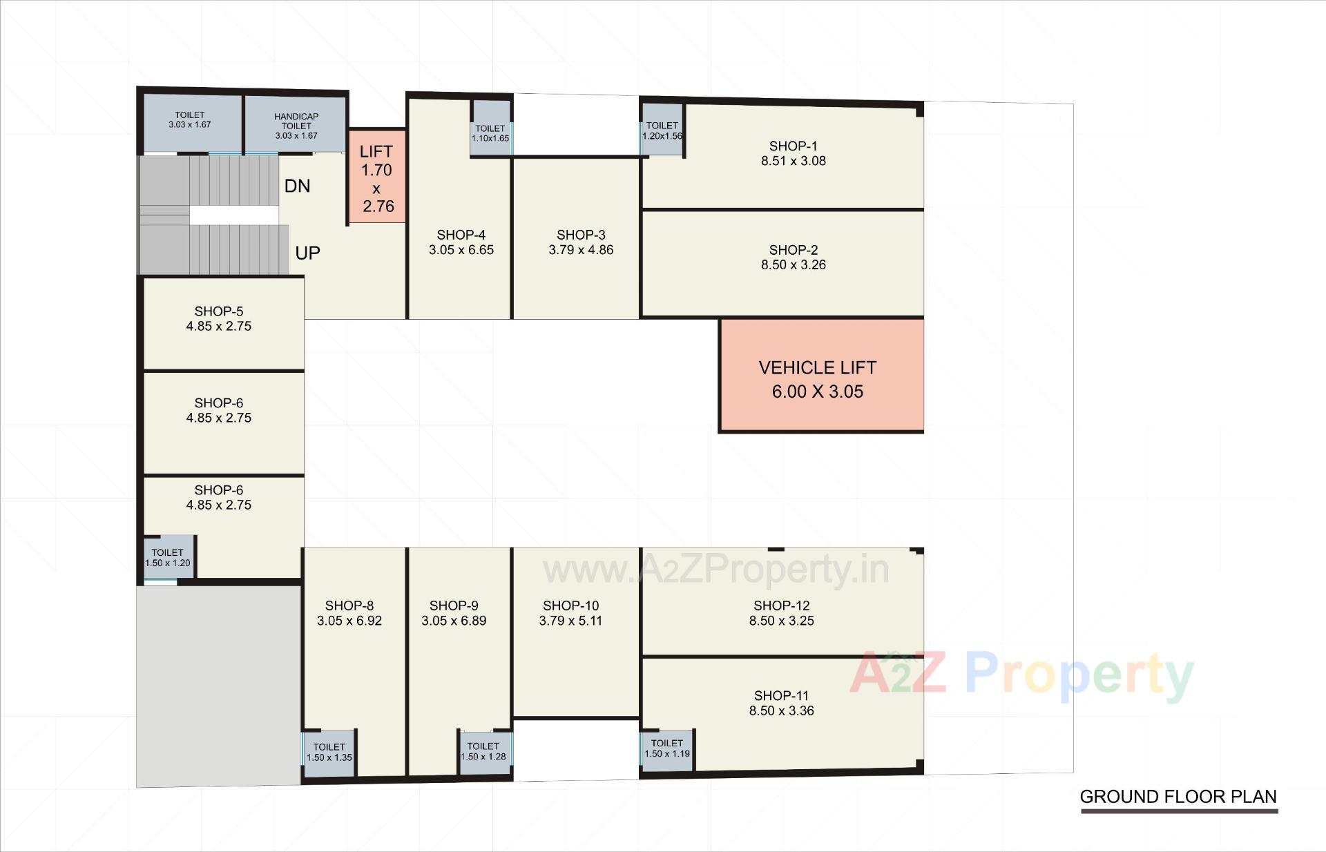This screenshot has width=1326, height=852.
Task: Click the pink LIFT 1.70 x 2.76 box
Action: pyautogui.click(x=376, y=177)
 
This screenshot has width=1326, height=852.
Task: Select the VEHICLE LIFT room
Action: pyautogui.click(x=820, y=376)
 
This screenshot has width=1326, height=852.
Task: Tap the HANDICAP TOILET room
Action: pyautogui.click(x=296, y=126)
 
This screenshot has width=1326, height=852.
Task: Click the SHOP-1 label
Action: pyautogui.click(x=793, y=146)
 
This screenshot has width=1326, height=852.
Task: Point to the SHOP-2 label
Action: pyautogui.click(x=793, y=250)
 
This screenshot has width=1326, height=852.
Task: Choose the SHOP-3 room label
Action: pyautogui.click(x=580, y=235)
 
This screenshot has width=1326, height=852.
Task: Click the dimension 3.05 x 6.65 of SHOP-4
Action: pyautogui.click(x=461, y=251)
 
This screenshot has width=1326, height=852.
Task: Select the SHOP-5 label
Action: pyautogui.click(x=218, y=311)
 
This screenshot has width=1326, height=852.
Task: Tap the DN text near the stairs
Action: pyautogui.click(x=297, y=186)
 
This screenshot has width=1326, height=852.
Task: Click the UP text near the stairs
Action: pyautogui.click(x=307, y=253)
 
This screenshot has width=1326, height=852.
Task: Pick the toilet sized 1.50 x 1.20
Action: pyautogui.click(x=168, y=557)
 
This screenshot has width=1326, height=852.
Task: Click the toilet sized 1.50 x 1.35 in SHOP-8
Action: pyautogui.click(x=329, y=752)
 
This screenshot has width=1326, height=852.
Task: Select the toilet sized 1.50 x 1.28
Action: pyautogui.click(x=483, y=751)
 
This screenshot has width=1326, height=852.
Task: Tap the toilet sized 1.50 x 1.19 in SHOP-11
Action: pyautogui.click(x=666, y=748)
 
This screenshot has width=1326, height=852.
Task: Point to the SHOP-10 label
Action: pyautogui.click(x=570, y=606)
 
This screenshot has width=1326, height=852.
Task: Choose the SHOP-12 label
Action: pyautogui.click(x=781, y=606)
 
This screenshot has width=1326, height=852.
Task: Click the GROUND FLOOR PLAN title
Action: pyautogui.click(x=1178, y=797)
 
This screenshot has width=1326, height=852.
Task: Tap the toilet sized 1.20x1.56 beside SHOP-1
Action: pyautogui.click(x=662, y=130)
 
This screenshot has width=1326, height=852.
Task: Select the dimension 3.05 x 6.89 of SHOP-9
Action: pyautogui.click(x=454, y=621)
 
